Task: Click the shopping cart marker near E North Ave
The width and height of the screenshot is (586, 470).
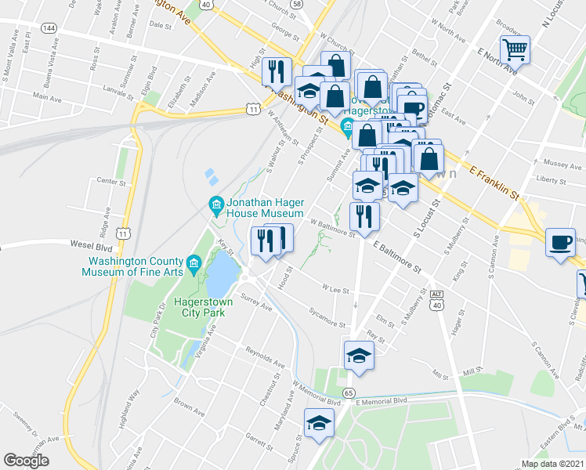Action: pos(515,51)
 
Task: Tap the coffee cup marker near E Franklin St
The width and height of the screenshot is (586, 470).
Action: pos(561,242)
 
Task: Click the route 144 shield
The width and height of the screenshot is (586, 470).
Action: pos(49,27)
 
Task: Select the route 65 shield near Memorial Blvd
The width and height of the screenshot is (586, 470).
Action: pos(349,392)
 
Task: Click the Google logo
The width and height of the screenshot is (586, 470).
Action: pos(26,461)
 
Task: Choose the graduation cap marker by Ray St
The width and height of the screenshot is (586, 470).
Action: pos(359,356)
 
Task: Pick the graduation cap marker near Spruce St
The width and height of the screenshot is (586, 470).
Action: pos(318,424)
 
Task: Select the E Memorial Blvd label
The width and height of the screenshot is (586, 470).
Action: pos(382,401)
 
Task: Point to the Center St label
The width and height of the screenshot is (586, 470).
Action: pos(111,182)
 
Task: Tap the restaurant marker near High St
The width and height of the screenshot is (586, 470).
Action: pos(275,73)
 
